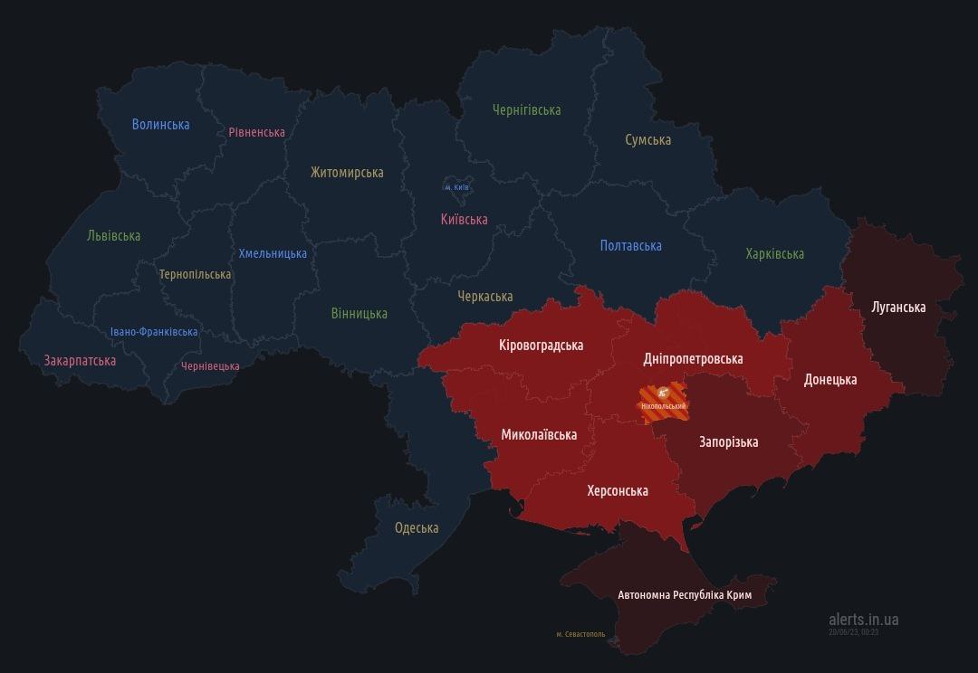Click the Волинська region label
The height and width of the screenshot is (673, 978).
(160, 125)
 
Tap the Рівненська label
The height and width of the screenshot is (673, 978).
(256, 132)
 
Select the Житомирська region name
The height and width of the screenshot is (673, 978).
(346, 172)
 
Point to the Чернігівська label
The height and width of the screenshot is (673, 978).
(526, 109)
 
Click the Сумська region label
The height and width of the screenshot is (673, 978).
(647, 139)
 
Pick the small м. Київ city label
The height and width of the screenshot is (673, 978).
(456, 187)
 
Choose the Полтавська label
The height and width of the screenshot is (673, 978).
(630, 245)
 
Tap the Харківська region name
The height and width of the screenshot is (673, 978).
(774, 253)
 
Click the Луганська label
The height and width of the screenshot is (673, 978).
(898, 307)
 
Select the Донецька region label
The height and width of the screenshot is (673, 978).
(829, 379)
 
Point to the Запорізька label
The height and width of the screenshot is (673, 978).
(728, 441)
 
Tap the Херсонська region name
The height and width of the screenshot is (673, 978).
(617, 490)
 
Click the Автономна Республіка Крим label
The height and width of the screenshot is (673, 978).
(684, 594)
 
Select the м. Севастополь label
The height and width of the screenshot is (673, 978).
(580, 634)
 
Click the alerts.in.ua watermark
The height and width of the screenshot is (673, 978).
(863, 619)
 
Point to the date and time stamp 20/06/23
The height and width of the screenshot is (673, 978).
(853, 632)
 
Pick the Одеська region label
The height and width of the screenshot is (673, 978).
(417, 527)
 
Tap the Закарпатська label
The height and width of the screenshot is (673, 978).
(80, 360)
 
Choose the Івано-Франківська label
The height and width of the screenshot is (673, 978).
(154, 332)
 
